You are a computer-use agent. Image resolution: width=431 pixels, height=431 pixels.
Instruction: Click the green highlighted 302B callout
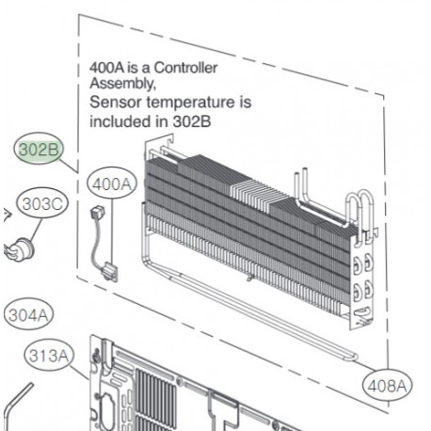click(37, 149)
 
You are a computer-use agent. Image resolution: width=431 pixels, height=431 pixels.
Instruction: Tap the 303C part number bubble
click(42, 203)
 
